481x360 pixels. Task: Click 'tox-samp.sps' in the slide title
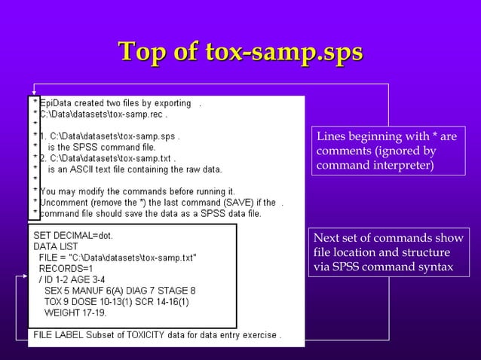tap(283, 53)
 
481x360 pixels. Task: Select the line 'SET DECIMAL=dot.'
tap(73, 236)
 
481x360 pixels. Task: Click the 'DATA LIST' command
tap(56, 246)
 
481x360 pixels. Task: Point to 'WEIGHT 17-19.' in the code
tap(75, 312)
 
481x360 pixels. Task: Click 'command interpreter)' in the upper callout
tap(375, 164)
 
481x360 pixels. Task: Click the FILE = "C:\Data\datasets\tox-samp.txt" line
tap(118, 258)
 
